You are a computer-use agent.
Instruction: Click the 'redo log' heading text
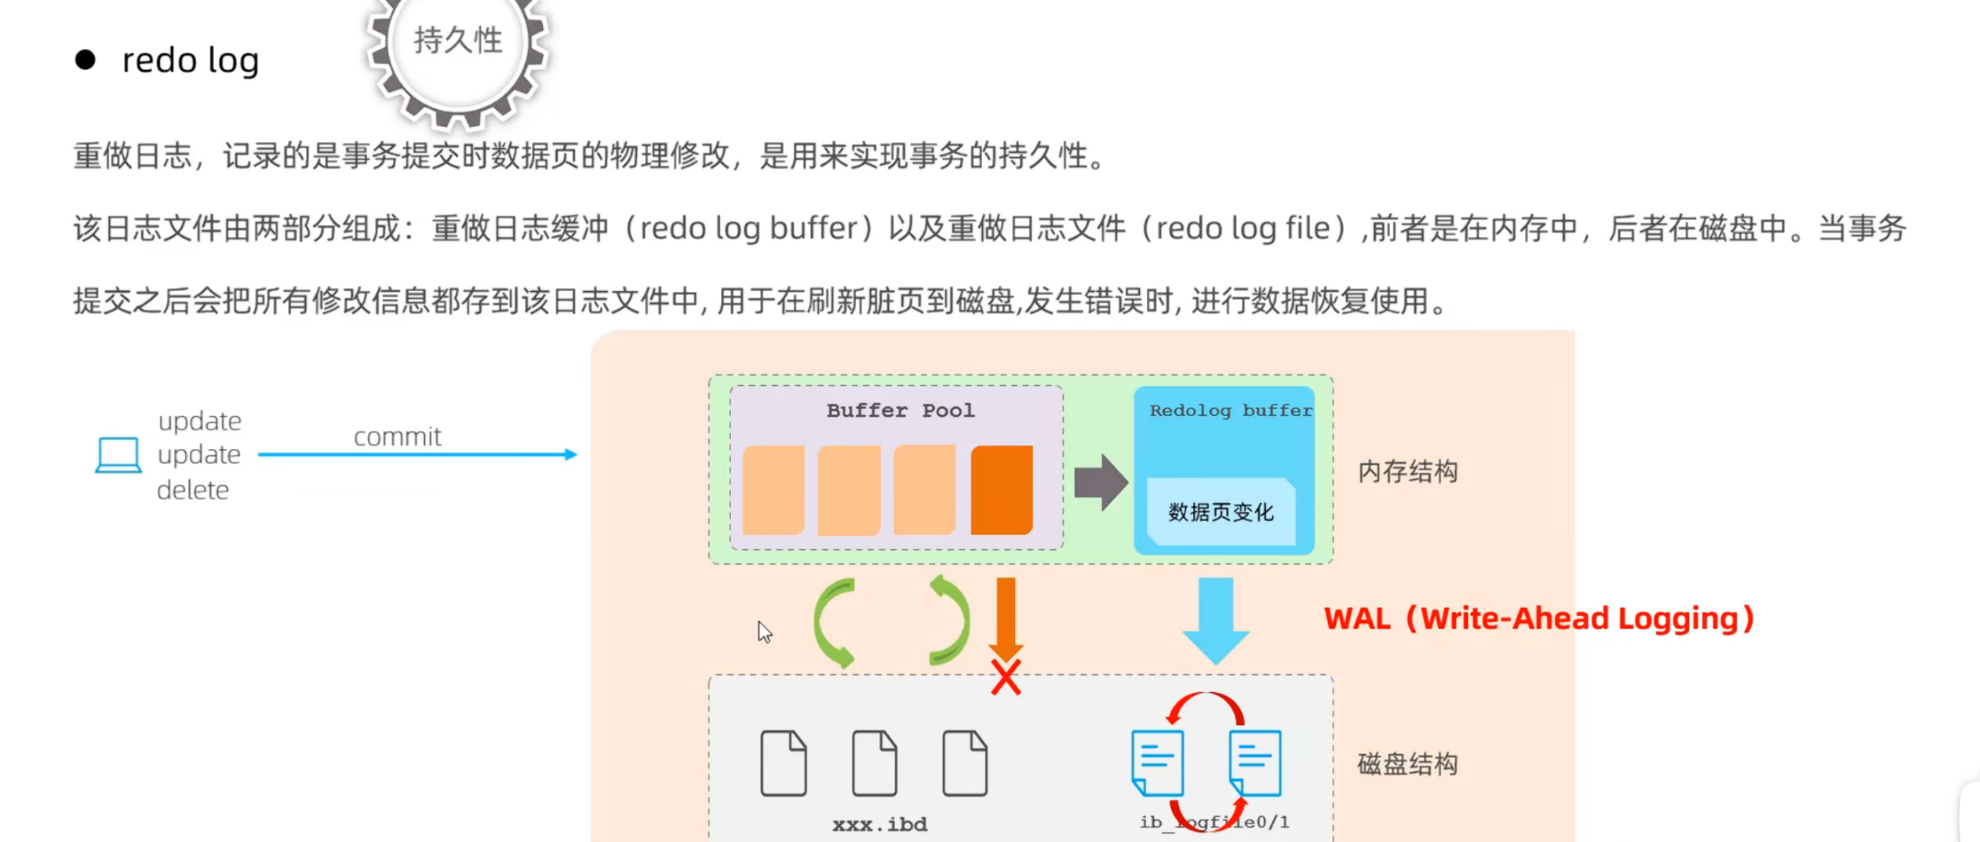coord(190,60)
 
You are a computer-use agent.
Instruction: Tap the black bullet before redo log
coord(86,60)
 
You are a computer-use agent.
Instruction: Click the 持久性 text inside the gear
coord(458,40)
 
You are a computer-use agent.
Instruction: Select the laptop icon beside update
coord(118,455)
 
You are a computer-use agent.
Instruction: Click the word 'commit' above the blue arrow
coord(397,436)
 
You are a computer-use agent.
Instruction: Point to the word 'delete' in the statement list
coord(193,490)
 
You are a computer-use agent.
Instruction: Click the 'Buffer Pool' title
coord(900,410)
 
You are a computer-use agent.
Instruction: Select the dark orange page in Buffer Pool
coord(1001,490)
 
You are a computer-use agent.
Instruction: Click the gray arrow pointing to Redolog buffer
coord(1100,483)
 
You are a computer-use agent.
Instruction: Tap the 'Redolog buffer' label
coord(1230,410)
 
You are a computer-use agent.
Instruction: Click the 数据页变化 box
coord(1221,512)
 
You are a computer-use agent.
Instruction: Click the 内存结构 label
coord(1407,472)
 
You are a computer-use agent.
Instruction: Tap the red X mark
coord(1006,677)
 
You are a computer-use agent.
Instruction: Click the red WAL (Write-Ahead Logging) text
coord(1538,618)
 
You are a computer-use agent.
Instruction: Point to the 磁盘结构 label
coord(1407,764)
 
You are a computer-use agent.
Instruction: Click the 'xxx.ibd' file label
coord(879,824)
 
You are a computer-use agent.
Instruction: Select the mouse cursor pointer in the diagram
coord(764,631)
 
